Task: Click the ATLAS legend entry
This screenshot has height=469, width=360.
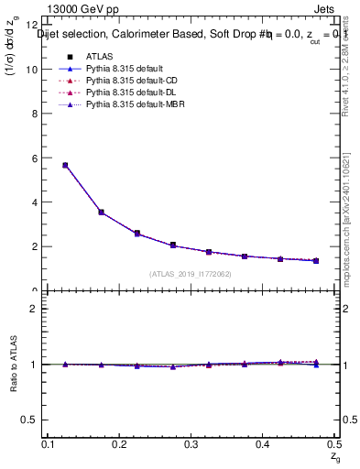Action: [99, 57]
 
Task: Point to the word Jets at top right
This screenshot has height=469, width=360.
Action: [325, 11]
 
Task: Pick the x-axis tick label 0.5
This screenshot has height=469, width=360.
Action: [333, 444]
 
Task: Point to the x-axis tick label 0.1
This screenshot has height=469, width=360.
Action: [49, 444]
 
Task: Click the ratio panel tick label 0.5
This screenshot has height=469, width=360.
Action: [31, 420]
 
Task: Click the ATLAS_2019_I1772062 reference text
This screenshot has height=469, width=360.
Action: [191, 274]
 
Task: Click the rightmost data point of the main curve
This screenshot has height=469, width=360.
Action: [316, 260]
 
